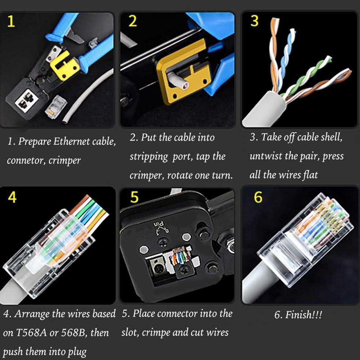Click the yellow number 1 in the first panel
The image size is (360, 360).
[11, 22]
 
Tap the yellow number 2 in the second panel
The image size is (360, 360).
[132, 21]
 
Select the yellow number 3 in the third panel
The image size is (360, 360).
[254, 21]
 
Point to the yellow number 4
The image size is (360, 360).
[12, 197]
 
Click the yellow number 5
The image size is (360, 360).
[134, 197]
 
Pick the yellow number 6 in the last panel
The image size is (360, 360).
[258, 197]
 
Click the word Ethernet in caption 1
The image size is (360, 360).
[72, 141]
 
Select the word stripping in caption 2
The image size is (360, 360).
[149, 157]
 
